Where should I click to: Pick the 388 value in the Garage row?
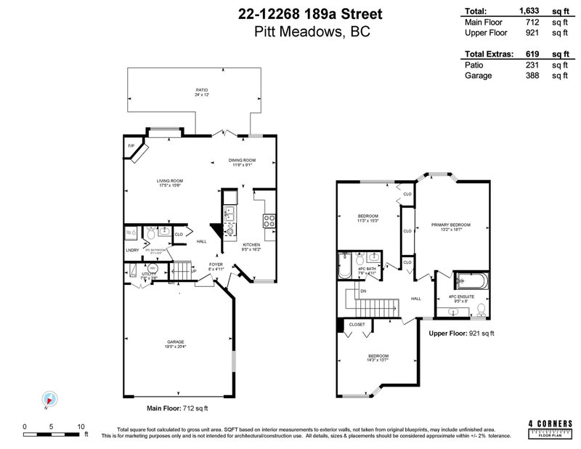click(x=532, y=75)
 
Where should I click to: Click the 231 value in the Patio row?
click(x=532, y=64)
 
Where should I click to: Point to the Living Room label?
click(x=170, y=182)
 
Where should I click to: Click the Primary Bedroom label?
click(x=447, y=224)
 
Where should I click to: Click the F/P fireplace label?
click(x=131, y=146)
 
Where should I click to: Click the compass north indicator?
click(x=50, y=399)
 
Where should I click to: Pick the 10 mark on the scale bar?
click(x=81, y=426)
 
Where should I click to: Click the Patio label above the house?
click(x=191, y=90)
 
